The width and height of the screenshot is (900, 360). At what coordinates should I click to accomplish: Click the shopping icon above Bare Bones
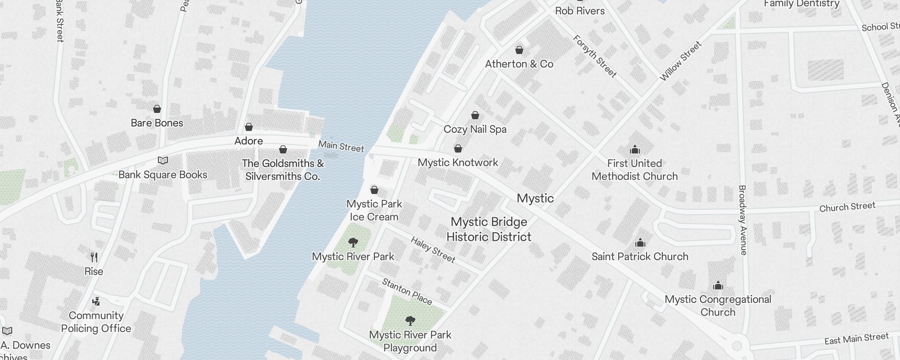pos(157,109)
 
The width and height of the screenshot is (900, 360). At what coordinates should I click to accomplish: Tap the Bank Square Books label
pos(163,175)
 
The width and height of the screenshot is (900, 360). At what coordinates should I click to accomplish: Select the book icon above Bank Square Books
pos(163,160)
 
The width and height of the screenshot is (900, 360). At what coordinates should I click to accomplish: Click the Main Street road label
pos(341,146)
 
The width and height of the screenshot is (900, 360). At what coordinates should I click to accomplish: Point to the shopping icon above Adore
pos(249,127)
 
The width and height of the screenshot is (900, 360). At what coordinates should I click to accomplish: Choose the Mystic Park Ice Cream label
pos(374,210)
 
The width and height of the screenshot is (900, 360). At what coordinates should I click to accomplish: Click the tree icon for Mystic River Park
pos(353,243)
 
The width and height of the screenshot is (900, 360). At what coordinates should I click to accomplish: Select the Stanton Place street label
pos(407,291)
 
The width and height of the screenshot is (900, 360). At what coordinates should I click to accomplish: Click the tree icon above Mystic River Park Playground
pos(410,321)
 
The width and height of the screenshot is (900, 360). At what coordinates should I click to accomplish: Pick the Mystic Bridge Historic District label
pos(489,229)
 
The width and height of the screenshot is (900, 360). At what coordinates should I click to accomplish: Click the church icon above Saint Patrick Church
pos(640,243)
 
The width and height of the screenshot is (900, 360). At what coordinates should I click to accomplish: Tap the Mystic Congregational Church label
pos(718,306)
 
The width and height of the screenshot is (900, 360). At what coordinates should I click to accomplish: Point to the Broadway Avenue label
pos(742,220)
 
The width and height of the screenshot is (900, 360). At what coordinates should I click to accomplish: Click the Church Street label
pos(847,207)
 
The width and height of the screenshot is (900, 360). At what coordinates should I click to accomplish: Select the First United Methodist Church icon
pos(634,149)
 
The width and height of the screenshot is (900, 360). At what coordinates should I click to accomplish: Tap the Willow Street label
pos(680,61)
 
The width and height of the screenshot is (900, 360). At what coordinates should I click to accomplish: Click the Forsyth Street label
pos(594,56)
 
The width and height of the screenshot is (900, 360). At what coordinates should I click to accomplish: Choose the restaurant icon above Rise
pos(94,257)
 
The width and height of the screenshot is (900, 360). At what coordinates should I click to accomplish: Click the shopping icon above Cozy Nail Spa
pos(475,116)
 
